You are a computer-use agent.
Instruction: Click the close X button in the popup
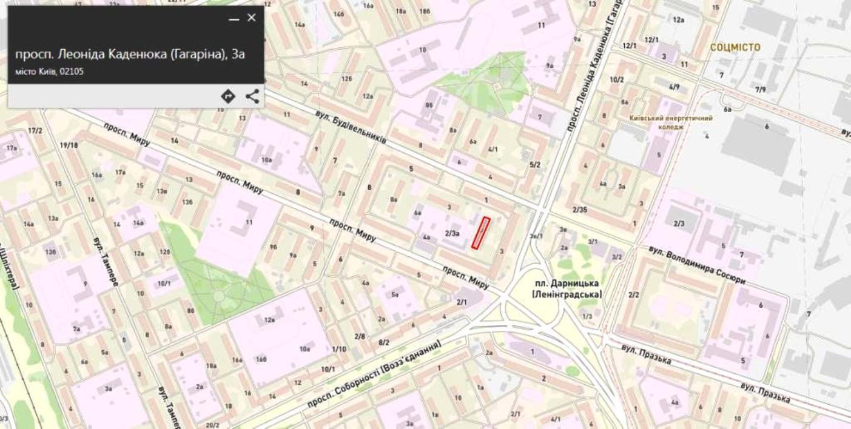point(251,18)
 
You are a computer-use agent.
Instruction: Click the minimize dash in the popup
point(234,19)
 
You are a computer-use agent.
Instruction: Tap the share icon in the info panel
point(252,96)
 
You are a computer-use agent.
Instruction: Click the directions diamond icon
point(228,96)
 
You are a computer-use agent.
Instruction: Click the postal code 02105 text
point(72,71)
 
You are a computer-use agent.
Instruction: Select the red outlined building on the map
point(481,233)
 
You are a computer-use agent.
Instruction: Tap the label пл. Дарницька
point(567,283)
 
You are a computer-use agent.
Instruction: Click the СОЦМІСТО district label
point(735,47)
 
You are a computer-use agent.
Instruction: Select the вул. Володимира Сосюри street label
point(696,265)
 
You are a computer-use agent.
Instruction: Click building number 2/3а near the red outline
point(452,233)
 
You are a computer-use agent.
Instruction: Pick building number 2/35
point(579,210)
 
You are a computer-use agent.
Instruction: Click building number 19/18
point(69,145)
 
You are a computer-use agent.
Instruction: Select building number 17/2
point(35,131)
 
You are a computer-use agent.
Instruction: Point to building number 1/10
point(339,349)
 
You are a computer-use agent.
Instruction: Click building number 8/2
point(384,342)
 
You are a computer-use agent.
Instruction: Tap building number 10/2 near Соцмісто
point(616,79)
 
